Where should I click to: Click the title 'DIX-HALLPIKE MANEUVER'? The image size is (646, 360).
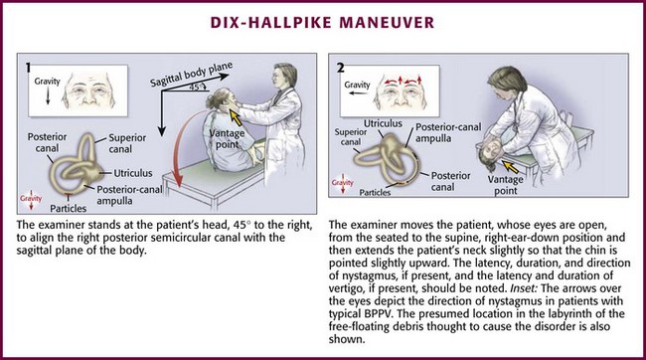[322, 22]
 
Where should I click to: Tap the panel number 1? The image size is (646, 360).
[28, 68]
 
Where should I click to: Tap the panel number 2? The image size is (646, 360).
[340, 68]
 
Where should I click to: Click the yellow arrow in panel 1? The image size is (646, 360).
[236, 118]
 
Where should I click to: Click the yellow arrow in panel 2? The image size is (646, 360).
[511, 167]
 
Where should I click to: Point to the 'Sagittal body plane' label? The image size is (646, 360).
[191, 75]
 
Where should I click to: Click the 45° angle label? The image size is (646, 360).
[196, 88]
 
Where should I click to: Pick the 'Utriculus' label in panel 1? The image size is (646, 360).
[133, 173]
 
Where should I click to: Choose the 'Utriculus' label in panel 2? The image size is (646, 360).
[383, 123]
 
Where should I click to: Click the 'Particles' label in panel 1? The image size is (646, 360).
[69, 208]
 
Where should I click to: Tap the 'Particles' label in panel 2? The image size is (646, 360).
[375, 193]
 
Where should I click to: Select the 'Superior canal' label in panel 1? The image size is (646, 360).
[127, 143]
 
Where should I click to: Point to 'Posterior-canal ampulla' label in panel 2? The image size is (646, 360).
[448, 132]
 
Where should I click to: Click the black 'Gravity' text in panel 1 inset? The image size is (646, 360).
[47, 82]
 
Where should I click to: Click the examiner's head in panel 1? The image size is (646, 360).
[284, 76]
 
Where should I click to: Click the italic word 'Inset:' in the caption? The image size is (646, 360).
[522, 288]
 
